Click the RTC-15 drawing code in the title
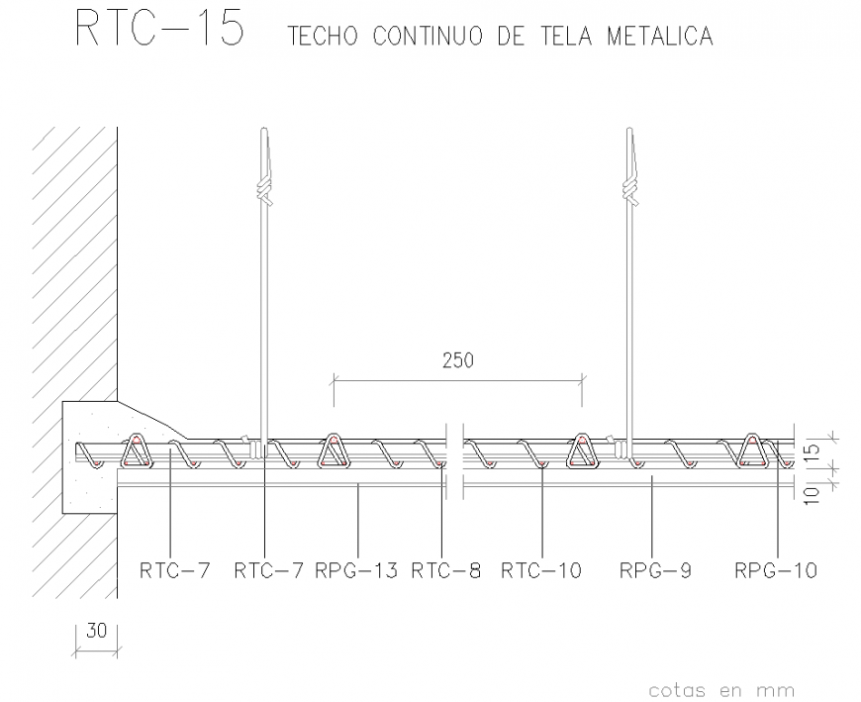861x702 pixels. click(x=158, y=29)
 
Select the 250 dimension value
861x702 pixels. click(x=457, y=360)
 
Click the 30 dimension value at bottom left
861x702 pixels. click(x=97, y=631)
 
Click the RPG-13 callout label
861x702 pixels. click(x=356, y=570)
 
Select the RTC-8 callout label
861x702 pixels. click(x=445, y=570)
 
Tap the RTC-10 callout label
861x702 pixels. click(x=541, y=570)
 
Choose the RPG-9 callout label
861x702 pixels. click(x=655, y=570)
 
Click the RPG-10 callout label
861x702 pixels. click(x=775, y=570)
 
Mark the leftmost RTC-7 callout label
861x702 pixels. click(x=174, y=570)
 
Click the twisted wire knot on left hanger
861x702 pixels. click(x=263, y=189)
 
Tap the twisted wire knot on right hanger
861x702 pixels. click(x=629, y=187)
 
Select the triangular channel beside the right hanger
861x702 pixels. click(x=583, y=451)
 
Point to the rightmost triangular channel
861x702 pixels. click(x=753, y=451)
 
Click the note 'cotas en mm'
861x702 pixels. click(x=721, y=690)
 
